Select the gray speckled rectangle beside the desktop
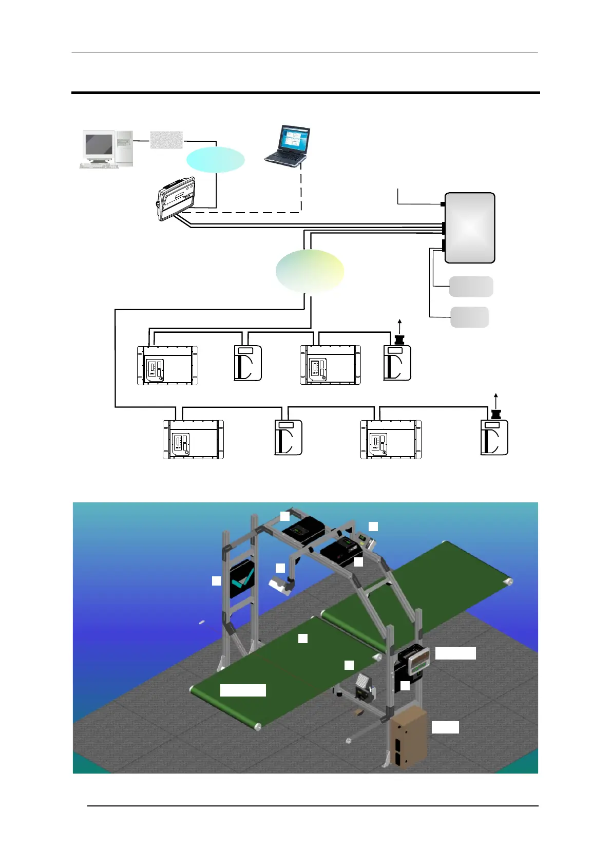pos(166,140)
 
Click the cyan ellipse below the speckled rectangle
pos(215,160)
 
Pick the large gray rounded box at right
pos(469,228)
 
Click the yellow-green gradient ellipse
pos(310,271)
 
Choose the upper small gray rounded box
pos(471,286)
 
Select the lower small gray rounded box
pos(469,317)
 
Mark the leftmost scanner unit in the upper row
pos(167,366)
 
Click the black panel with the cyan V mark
pos(241,579)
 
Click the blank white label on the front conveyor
pos(243,690)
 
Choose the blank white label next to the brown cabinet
pos(445,727)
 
